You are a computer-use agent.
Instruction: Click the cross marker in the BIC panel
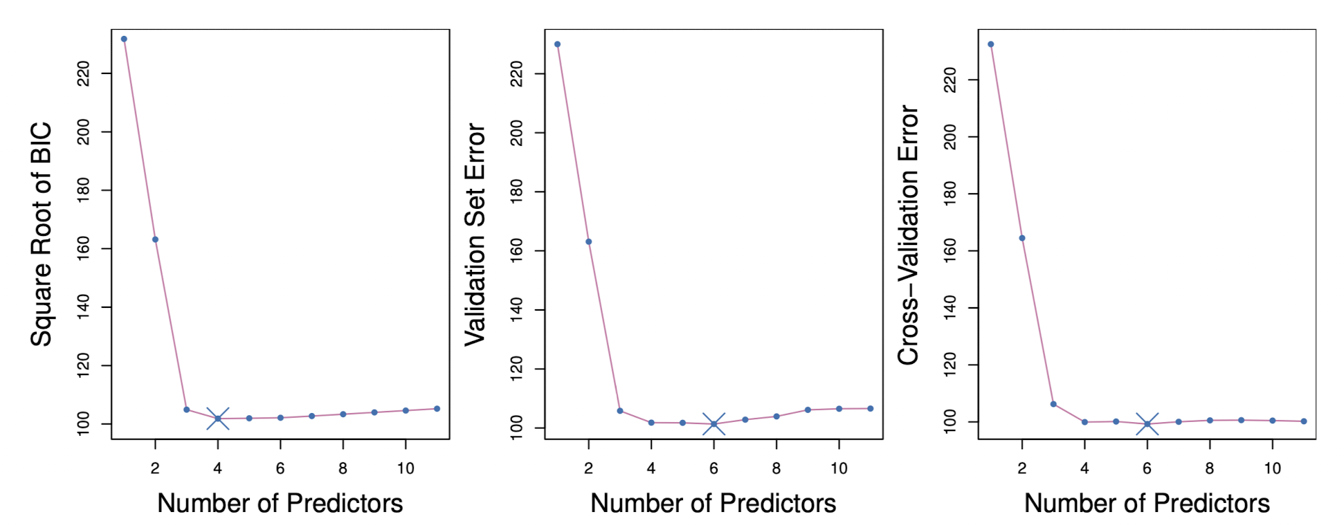tap(217, 419)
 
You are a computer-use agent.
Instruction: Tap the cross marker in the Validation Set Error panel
tap(714, 424)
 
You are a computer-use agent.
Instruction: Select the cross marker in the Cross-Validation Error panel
tap(1147, 424)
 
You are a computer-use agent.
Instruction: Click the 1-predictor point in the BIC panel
tap(124, 39)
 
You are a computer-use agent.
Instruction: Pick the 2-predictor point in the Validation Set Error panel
tap(588, 241)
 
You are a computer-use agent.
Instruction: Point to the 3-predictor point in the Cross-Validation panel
tap(1053, 404)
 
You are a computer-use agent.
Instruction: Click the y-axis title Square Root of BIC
tap(42, 234)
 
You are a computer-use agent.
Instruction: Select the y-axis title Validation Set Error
tap(475, 234)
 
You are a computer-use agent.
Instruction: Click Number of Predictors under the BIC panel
tap(280, 503)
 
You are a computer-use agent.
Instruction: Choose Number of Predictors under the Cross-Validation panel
tap(1147, 503)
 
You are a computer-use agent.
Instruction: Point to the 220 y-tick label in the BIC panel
tap(83, 73)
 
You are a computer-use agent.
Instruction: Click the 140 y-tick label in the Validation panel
tap(516, 310)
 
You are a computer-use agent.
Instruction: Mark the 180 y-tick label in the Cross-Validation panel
tap(950, 194)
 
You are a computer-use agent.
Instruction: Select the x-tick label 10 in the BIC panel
tap(406, 468)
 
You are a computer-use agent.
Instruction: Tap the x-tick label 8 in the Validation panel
tap(776, 468)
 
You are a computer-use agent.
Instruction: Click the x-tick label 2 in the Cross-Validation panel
tap(1021, 468)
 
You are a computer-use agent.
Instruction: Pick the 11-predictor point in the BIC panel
tap(437, 409)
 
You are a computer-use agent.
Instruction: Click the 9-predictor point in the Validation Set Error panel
tap(808, 410)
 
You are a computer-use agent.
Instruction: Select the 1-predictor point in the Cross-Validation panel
tap(990, 44)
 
